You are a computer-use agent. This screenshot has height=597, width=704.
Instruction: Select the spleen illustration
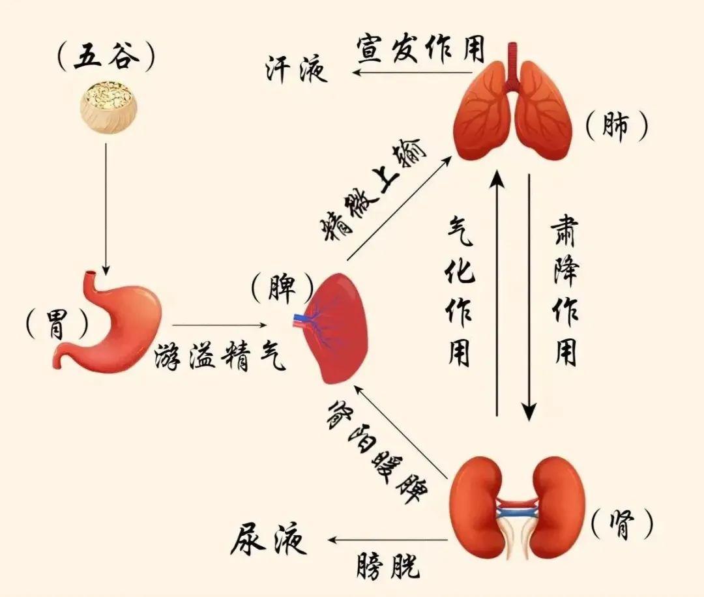pyautogui.click(x=332, y=328)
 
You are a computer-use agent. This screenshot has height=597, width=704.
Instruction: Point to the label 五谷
pyautogui.click(x=106, y=59)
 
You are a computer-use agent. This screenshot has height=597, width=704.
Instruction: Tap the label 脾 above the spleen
pyautogui.click(x=282, y=287)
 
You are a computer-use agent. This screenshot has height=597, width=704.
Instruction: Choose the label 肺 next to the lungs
pyautogui.click(x=616, y=126)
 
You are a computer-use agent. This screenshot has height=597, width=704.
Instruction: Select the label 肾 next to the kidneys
pyautogui.click(x=621, y=524)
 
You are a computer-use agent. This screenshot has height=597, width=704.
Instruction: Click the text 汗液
pyautogui.click(x=296, y=70)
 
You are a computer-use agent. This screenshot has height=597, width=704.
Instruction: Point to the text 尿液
pyautogui.click(x=269, y=539)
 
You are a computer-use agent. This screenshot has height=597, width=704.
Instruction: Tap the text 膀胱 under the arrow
pyautogui.click(x=389, y=566)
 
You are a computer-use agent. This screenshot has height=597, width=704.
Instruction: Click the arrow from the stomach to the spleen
pyautogui.click(x=218, y=325)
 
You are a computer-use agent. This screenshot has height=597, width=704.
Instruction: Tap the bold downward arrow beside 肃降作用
pyautogui.click(x=529, y=297)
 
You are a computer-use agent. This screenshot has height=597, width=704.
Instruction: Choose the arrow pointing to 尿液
pyautogui.click(x=389, y=540)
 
